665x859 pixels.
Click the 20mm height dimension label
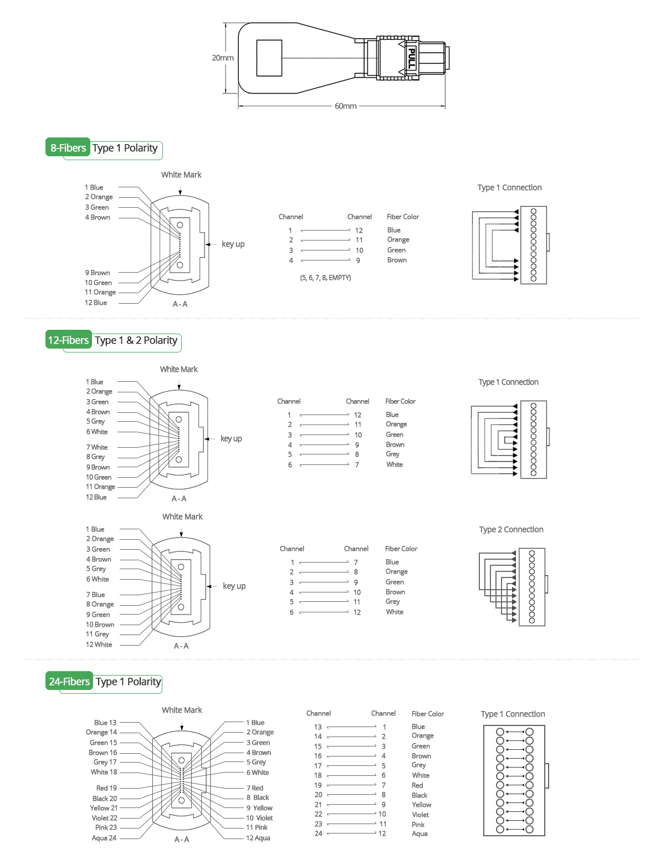point(223,58)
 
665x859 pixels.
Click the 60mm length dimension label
point(345,106)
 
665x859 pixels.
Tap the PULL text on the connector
point(411,58)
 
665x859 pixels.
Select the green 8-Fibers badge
point(68,147)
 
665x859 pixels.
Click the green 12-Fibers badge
point(68,340)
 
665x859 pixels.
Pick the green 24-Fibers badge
point(69,681)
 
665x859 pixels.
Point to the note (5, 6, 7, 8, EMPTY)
point(325,278)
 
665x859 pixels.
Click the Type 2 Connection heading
point(511,529)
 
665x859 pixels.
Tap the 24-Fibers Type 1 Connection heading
point(513,714)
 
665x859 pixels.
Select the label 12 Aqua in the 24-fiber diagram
point(258,838)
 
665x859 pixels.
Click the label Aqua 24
point(104,838)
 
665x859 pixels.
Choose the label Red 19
point(106,788)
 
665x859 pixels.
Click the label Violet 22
point(104,818)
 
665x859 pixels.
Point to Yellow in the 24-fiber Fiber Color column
point(421,805)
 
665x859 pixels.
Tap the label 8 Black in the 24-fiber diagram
point(258,797)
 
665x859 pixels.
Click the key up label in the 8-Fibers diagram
point(233,244)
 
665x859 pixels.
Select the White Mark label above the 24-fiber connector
point(182,710)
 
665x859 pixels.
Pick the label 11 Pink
point(257,827)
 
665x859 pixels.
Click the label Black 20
point(105,799)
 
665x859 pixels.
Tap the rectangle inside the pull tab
point(269,58)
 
